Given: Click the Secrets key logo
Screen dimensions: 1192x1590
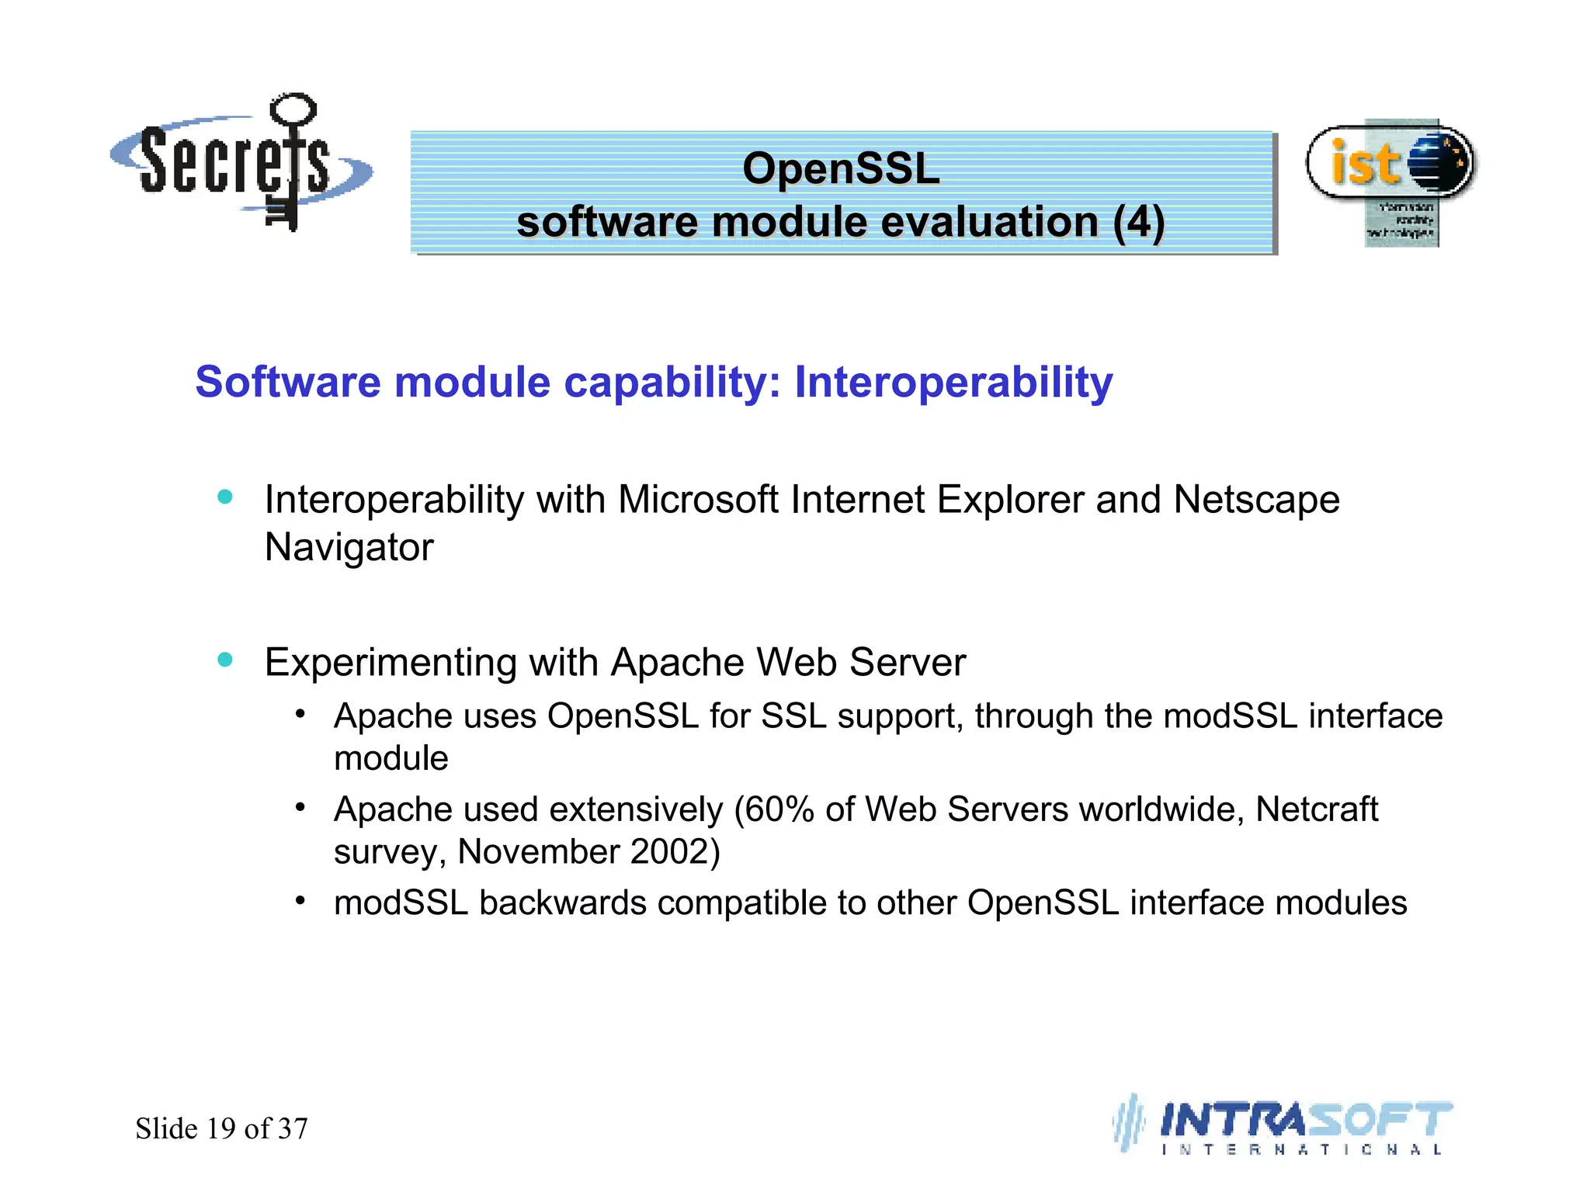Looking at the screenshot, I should click(x=241, y=163).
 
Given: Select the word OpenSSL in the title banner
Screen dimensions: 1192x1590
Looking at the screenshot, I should click(x=841, y=168).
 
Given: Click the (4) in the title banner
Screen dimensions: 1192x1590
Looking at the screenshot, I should click(x=1138, y=223).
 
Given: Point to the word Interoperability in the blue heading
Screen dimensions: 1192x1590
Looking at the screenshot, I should click(x=953, y=383).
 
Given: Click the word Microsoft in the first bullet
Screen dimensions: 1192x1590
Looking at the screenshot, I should click(x=698, y=500).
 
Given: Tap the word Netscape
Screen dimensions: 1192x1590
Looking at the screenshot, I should click(x=1256, y=500).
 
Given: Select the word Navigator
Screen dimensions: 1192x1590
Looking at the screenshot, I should click(x=349, y=547).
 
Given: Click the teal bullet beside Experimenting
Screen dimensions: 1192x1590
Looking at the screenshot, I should click(x=225, y=660).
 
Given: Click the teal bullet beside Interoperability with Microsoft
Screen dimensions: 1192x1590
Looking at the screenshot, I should click(x=225, y=497).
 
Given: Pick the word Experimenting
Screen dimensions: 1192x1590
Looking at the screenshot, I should click(x=390, y=664).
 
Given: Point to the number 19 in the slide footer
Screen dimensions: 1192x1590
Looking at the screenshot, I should click(x=221, y=1128).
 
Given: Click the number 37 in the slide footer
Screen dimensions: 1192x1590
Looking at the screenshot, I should click(x=293, y=1128).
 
